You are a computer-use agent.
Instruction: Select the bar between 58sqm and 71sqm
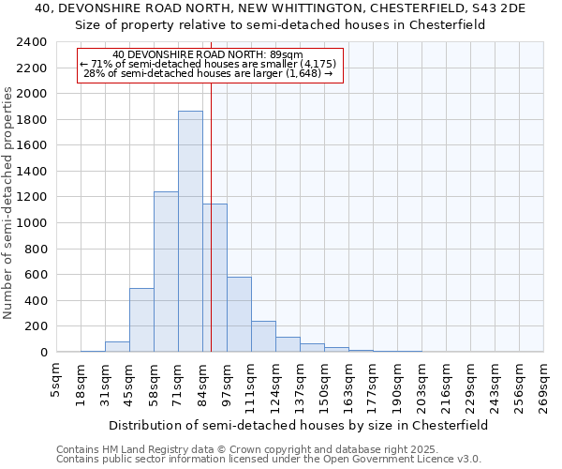tap(166, 272)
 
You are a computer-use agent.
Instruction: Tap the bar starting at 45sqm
tap(141, 320)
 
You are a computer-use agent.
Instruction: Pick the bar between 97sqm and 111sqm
tap(239, 314)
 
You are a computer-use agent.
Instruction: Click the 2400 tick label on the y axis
tap(32, 43)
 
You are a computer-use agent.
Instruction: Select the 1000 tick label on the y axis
tap(32, 223)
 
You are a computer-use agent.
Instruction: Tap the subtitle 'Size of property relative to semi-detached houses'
tap(281, 25)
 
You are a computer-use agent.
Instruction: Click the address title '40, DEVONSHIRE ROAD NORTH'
tap(281, 8)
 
